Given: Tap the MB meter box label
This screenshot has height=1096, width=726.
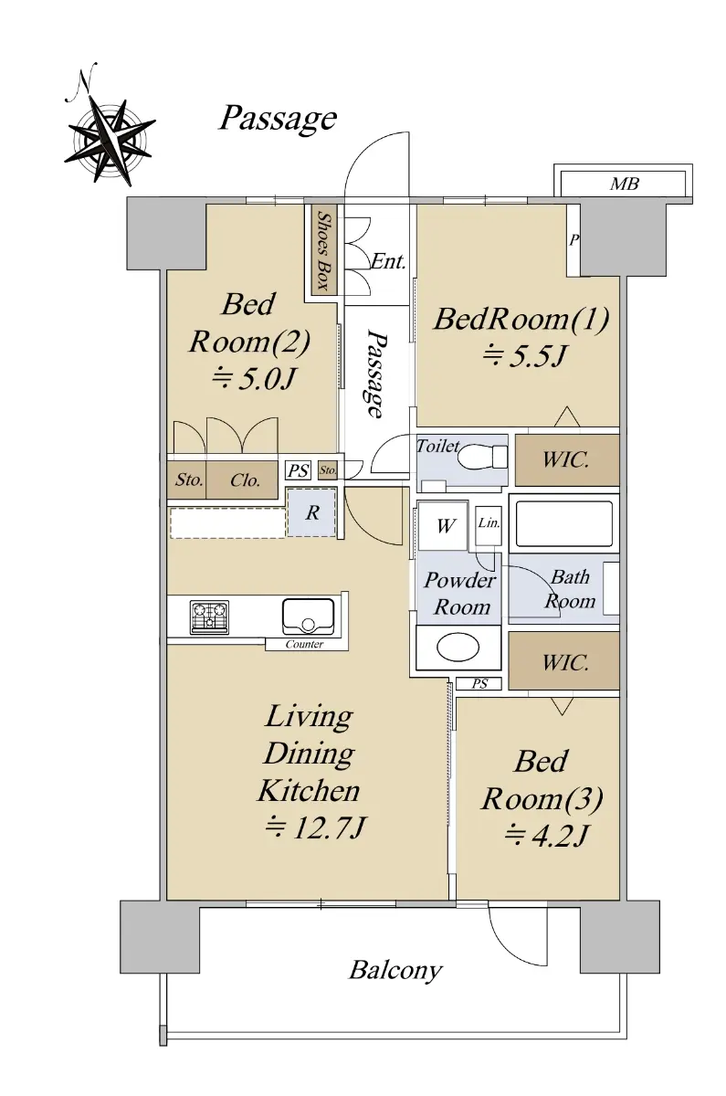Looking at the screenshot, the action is click(x=625, y=184).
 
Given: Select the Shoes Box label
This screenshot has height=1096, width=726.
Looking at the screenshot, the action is click(x=323, y=250).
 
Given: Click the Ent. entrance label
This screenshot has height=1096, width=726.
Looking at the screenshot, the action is click(x=388, y=262).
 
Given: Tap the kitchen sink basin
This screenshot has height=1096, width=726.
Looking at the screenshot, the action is click(x=309, y=616).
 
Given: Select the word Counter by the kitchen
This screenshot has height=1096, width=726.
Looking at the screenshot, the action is click(x=304, y=644).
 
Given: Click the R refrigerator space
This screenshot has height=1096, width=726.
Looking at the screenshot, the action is click(x=312, y=512).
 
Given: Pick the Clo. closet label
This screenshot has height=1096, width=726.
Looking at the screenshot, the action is click(x=245, y=480).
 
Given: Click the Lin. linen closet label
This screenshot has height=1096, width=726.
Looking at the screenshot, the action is click(x=489, y=523).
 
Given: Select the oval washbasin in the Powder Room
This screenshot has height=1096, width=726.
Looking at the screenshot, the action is click(x=458, y=648).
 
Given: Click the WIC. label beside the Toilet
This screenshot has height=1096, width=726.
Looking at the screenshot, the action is click(x=565, y=460).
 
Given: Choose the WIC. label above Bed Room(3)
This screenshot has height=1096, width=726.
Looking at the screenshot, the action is click(x=565, y=663).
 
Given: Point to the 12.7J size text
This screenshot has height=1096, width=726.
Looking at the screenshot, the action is click(x=314, y=828).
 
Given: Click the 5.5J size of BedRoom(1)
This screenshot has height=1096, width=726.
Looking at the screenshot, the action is click(x=523, y=355).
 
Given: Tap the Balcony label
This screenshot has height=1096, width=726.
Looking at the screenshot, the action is click(x=395, y=970).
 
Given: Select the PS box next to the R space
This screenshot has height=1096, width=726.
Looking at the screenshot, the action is click(x=299, y=470).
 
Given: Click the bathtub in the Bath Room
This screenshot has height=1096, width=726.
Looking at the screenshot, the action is click(x=563, y=523).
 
